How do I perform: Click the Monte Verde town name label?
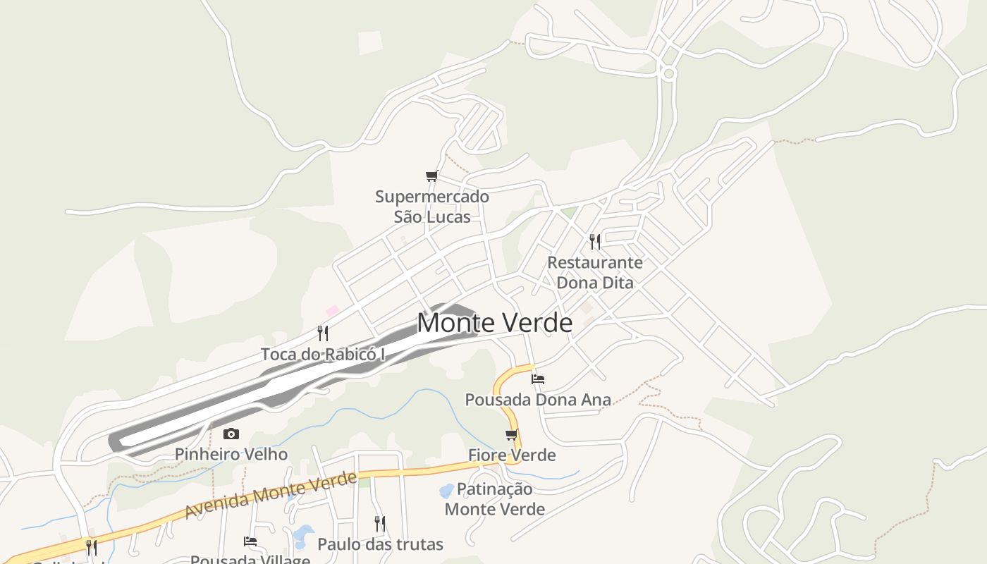494,323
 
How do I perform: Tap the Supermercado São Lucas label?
431,207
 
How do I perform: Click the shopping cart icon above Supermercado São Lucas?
431,176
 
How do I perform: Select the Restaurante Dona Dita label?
595,272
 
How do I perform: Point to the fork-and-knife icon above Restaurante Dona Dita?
595,242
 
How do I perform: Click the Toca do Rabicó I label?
323,354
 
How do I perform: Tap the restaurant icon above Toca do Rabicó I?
323,333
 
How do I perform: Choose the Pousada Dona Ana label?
537,400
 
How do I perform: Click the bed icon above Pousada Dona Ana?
538,379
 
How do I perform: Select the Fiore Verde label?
512,455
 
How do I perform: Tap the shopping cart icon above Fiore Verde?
511,434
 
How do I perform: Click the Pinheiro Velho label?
231,454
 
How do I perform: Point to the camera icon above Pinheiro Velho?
231,434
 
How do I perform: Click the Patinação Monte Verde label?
495,498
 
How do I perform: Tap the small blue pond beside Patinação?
446,490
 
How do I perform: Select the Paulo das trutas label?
380,544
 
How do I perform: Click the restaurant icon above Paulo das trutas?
379,523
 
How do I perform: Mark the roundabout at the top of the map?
669,73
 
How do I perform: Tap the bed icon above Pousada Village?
250,541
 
